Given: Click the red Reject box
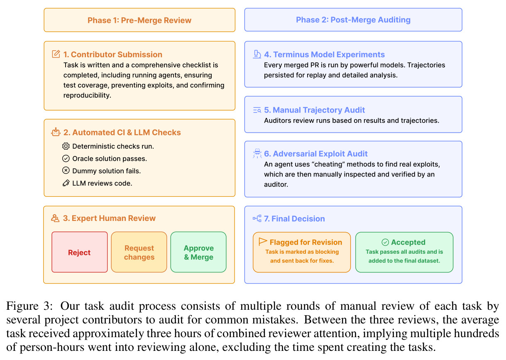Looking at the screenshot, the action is (80, 252).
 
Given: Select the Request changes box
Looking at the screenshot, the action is (139, 252).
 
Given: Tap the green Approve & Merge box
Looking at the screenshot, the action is (198, 252).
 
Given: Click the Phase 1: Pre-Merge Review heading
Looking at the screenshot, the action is (139, 20).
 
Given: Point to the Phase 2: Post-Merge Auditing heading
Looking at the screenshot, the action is (353, 20).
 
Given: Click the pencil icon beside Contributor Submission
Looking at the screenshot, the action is (56, 54).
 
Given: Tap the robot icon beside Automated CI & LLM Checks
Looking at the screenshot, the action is (56, 132).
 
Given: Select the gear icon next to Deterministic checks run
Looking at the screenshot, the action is (66, 146).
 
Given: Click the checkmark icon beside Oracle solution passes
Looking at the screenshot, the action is (66, 159).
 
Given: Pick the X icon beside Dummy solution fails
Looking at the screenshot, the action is (66, 170).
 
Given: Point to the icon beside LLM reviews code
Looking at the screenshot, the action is (66, 183).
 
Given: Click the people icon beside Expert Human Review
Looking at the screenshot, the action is (55, 218).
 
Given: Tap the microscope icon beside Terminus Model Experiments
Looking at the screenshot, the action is (257, 54).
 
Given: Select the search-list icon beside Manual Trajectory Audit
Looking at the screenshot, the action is (257, 110).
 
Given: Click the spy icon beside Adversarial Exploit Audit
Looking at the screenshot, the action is (257, 154).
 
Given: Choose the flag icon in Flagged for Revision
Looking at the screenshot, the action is (263, 242).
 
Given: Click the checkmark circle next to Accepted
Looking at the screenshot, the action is (385, 242).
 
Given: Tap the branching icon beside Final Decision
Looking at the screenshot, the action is (257, 218).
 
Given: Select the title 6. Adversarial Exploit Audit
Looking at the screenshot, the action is (316, 154).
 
